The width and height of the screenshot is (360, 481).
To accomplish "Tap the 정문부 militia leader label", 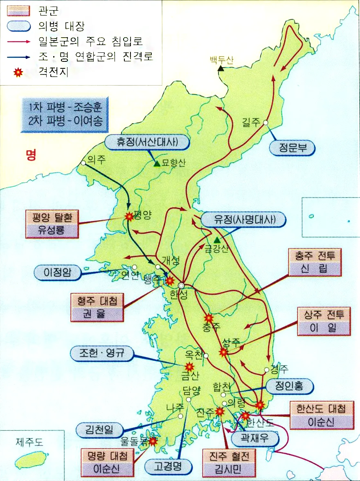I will point(292,149).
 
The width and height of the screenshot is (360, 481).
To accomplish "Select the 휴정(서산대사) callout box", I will point(148,142).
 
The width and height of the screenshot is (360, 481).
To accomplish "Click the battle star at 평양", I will point(129,217).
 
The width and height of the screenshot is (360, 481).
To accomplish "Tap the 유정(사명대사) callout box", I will point(243,220).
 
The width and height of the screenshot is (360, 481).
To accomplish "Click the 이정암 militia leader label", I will point(58,273).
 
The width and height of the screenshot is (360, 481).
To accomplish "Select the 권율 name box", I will point(97,315).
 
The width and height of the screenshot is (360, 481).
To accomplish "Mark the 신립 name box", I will point(315,269).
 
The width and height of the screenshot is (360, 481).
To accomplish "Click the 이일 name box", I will point(324,328).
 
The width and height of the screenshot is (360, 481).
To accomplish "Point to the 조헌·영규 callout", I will point(102,354).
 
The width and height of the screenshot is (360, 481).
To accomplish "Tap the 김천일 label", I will point(100,430).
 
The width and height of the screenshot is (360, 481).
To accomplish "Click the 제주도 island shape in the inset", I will point(32,461).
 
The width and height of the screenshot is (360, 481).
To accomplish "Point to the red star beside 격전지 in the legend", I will point(18,73).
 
